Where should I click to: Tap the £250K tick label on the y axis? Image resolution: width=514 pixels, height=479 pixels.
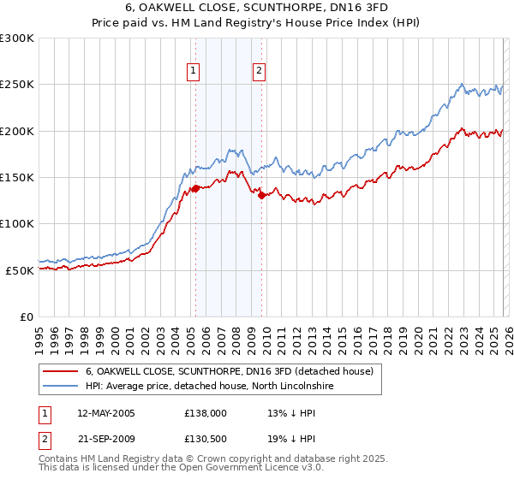tap(17, 85)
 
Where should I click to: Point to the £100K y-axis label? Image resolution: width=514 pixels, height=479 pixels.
tap(17, 224)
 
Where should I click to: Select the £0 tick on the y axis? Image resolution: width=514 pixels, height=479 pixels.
tap(27, 316)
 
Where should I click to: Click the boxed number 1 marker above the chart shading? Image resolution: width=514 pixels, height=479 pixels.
tap(194, 72)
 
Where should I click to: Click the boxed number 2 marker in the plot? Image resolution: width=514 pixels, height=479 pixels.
tap(259, 72)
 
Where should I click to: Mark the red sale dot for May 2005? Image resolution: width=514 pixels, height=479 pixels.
tap(195, 188)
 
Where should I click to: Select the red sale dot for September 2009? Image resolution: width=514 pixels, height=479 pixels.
tap(261, 195)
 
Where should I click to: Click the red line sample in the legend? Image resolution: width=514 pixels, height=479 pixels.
tap(60, 372)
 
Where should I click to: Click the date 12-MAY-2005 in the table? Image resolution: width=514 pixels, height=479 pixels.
tap(106, 413)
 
